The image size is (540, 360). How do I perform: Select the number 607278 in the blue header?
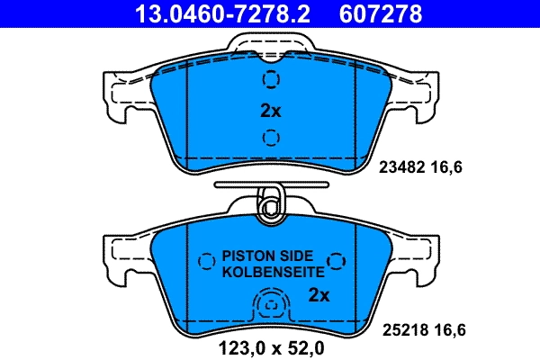[x=379, y=14]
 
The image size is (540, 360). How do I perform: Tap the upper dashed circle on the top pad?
[x=270, y=80]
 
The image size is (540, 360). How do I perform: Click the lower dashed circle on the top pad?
[x=270, y=137]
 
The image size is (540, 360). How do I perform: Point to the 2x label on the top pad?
[x=270, y=111]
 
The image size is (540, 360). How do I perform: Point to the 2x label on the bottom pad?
[x=319, y=294]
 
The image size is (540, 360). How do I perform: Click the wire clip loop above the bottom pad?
[x=269, y=205]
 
